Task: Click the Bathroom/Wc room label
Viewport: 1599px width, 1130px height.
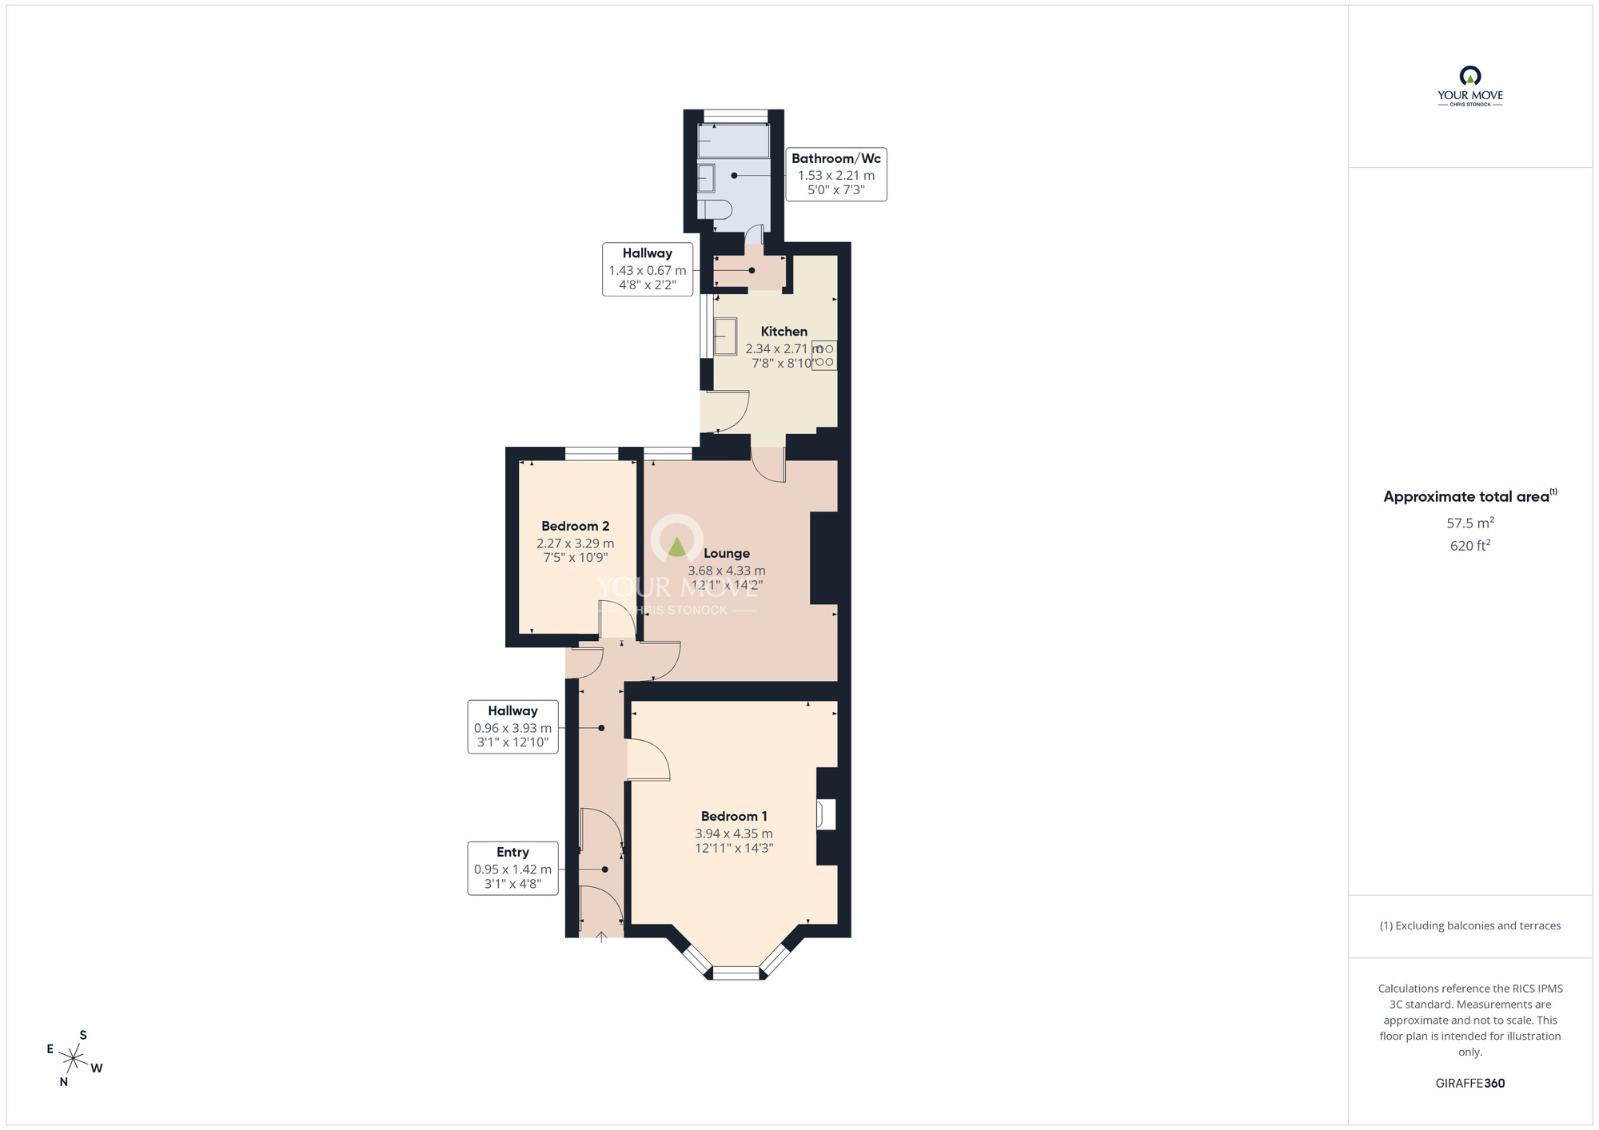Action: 835,158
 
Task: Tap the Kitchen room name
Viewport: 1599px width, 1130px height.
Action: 784,331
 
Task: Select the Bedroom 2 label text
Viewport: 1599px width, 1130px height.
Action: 575,526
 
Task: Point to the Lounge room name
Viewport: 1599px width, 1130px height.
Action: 726,553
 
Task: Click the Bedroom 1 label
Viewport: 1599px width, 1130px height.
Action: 734,816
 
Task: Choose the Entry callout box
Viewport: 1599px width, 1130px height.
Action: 512,868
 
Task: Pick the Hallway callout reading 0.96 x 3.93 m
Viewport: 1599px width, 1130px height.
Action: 512,726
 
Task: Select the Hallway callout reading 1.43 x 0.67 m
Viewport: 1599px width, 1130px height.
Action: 647,269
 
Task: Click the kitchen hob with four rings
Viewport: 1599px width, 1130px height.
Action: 824,356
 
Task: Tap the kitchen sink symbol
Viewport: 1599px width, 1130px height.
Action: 725,336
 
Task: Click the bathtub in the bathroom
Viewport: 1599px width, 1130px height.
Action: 733,141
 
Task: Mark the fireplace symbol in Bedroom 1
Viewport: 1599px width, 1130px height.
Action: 825,815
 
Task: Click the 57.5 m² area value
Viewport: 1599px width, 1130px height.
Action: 1469,523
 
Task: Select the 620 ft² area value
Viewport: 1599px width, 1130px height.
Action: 1469,546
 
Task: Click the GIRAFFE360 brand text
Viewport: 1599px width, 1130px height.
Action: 1469,1084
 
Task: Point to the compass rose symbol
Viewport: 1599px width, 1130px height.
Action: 74,1060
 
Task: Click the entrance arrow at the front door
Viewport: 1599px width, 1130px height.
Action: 601,937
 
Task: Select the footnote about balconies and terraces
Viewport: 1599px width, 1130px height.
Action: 1469,925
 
